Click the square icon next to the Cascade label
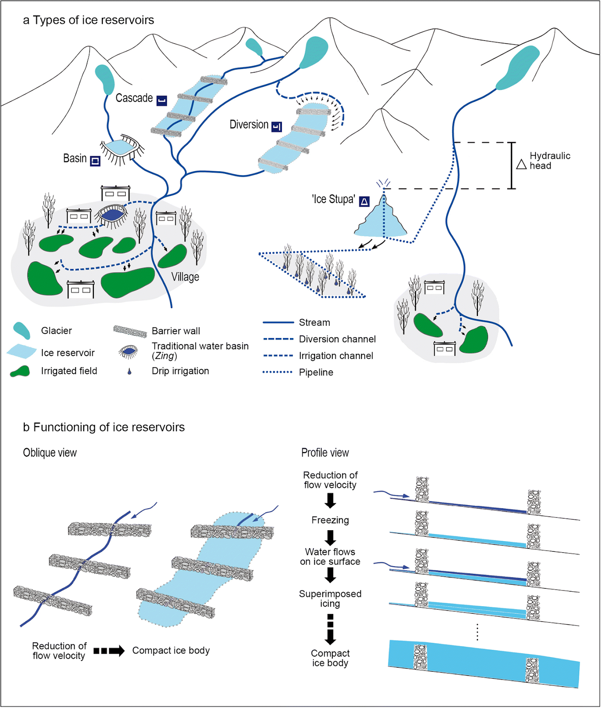(162, 101)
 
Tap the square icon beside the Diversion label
(277, 127)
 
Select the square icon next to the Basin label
(95, 161)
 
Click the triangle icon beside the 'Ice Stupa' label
(364, 202)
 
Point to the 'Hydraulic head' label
(550, 161)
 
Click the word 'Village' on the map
(185, 277)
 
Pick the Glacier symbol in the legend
(22, 330)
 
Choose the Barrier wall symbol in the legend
(130, 331)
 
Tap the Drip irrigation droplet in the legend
(129, 372)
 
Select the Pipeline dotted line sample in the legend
(278, 372)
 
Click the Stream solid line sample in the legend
(278, 323)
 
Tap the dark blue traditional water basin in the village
(113, 215)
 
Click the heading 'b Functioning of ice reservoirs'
(104, 427)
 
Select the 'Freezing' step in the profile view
(330, 520)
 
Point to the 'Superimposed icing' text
(330, 599)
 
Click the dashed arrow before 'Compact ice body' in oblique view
(109, 650)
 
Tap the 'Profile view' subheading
(325, 453)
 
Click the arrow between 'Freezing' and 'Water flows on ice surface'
(330, 537)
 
